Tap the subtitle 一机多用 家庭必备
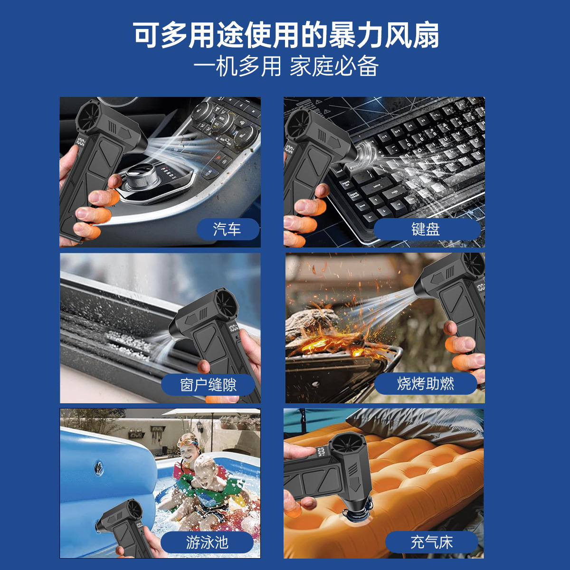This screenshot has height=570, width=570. coord(286,66)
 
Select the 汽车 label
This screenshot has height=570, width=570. coord(228,229)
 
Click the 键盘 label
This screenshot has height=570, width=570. coord(426,229)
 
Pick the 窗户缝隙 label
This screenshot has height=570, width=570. coord(209,384)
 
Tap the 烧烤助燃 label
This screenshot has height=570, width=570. coord(426,383)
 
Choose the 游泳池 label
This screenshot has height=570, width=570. coord(207,542)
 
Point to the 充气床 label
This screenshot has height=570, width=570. coord(431,542)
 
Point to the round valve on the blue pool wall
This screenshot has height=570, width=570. coord(99,467)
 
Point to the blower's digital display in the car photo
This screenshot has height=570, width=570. coord(80,142)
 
